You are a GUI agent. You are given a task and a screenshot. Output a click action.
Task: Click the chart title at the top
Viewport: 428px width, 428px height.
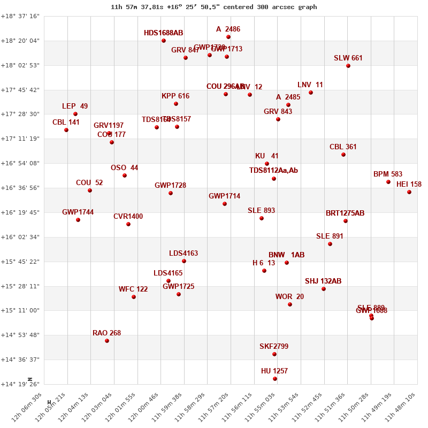click(x=213, y=7)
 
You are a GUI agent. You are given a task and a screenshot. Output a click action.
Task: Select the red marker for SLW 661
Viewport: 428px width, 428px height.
click(x=348, y=66)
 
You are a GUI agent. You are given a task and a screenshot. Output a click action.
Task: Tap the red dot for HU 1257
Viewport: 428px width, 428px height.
click(x=275, y=379)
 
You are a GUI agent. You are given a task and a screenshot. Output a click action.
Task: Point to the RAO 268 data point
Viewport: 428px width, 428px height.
click(x=107, y=341)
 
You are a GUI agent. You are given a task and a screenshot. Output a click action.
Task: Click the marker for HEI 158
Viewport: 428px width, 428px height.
click(x=409, y=192)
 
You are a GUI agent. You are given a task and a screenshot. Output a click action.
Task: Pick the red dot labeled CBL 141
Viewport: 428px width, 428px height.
click(x=66, y=130)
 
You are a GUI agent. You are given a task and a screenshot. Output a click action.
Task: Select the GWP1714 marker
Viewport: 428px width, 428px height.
click(x=225, y=204)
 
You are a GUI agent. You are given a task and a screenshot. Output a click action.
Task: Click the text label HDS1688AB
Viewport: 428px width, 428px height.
click(x=163, y=33)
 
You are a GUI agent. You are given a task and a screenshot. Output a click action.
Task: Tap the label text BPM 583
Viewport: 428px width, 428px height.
click(x=388, y=174)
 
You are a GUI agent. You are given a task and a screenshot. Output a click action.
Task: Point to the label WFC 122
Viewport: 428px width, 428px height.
click(x=133, y=289)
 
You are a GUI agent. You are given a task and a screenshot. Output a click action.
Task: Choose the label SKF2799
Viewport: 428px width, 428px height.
click(x=274, y=347)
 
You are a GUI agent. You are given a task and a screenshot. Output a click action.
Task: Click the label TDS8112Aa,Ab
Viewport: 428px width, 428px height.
click(x=273, y=171)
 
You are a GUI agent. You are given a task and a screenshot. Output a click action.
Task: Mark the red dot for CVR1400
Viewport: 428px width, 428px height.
click(x=128, y=224)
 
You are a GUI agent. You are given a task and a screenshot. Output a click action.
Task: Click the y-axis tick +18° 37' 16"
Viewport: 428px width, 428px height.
click(x=20, y=16)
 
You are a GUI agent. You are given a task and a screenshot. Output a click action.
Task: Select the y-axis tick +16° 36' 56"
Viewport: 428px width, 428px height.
click(x=20, y=188)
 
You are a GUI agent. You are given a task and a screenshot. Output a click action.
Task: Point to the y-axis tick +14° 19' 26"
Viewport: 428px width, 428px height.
click(x=20, y=384)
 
